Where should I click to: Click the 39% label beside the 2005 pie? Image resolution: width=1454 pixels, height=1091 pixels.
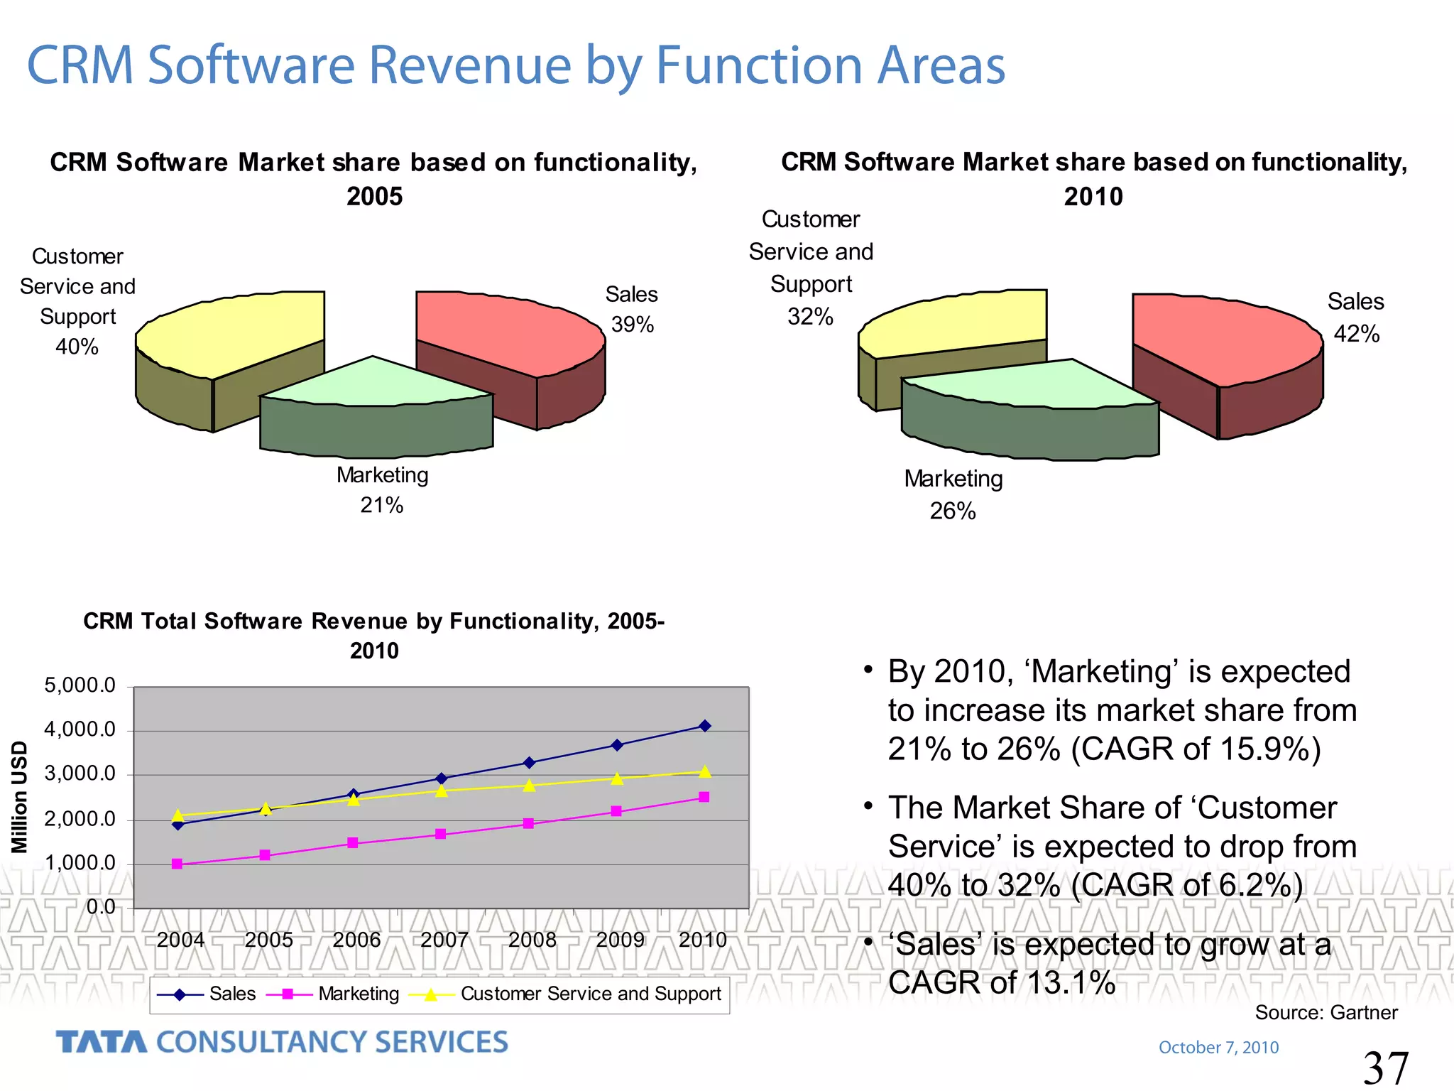632,325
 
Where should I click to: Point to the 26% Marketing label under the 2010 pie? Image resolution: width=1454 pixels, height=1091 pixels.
953,511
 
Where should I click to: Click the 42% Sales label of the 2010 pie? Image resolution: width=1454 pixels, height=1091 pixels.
1356,334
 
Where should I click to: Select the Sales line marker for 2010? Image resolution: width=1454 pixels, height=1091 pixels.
705,726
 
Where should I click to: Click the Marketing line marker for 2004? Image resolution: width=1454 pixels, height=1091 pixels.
177,864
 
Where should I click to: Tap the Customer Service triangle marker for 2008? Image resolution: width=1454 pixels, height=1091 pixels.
529,786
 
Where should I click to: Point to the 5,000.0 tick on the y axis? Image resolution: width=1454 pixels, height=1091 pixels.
80,685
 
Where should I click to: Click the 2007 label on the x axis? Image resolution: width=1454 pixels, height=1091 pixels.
444,940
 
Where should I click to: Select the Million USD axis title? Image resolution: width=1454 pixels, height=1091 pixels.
20,796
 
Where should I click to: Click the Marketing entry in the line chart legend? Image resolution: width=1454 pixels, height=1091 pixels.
359,994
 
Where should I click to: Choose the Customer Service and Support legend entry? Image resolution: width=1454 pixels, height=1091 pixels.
590,994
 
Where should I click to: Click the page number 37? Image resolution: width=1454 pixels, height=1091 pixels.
1385,1068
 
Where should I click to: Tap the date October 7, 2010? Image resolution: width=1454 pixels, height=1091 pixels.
1218,1047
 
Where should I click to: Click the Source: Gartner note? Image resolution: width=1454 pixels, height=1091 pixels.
1325,1012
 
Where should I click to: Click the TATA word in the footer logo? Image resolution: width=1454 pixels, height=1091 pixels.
102,1042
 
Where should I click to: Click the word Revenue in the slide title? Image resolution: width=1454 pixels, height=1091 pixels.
470,65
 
